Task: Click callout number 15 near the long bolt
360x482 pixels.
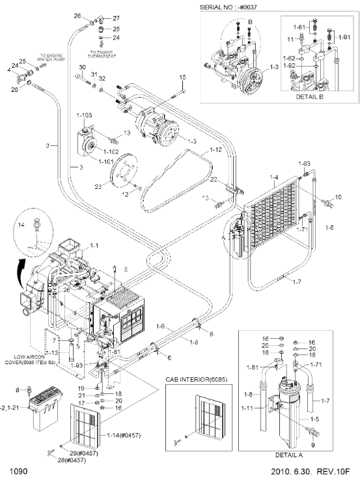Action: tap(183, 78)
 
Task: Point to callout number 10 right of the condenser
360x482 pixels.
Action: tap(338, 196)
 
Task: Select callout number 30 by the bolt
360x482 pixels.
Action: tap(83, 67)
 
